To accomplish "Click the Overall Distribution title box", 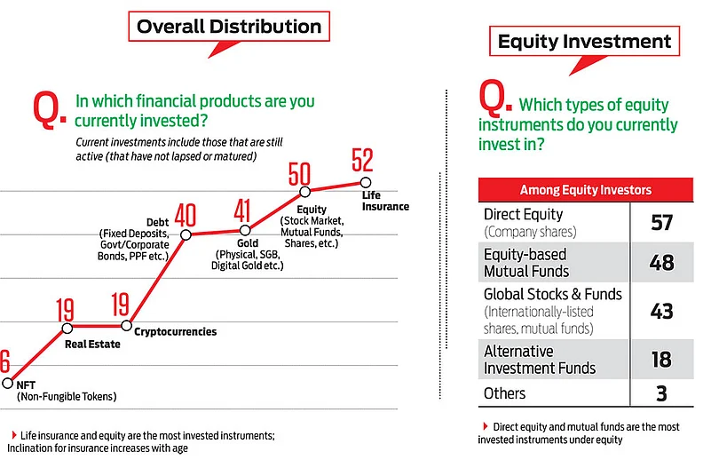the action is point(229,27).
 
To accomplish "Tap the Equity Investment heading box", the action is point(584,41).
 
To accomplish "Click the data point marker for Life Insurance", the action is point(366,182).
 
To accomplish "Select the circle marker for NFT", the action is point(8,384).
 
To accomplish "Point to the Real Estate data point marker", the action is point(67,328).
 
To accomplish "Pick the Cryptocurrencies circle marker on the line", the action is point(127,326).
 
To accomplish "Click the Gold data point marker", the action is point(245,230).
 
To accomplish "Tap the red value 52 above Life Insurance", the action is point(362,160).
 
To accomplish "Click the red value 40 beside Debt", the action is point(186,215).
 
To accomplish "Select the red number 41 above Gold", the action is point(242,210).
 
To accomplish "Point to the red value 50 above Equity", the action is point(299,174).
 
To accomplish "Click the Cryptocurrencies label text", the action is point(176,331).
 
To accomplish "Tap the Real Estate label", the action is point(92,345).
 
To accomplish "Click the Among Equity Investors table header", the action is point(586,189).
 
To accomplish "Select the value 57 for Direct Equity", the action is point(661,222).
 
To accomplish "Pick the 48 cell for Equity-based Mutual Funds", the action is point(661,263).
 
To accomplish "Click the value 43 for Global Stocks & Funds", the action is point(661,311).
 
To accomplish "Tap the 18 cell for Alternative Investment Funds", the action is point(661,360).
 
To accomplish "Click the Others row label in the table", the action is point(505,393).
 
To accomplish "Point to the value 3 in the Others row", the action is point(661,393).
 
